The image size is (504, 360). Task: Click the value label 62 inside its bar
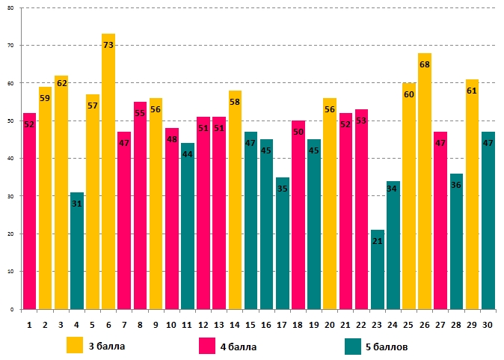tap(61, 83)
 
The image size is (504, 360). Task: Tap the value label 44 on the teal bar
tap(188, 154)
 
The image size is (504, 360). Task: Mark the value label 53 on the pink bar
tap(361, 120)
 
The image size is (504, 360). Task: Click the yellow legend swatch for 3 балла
tap(75, 345)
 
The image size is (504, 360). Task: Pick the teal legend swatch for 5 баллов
tap(354, 346)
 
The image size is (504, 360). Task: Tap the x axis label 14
tap(235, 324)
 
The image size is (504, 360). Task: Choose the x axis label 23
tap(377, 324)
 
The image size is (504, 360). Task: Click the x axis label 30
tap(488, 324)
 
